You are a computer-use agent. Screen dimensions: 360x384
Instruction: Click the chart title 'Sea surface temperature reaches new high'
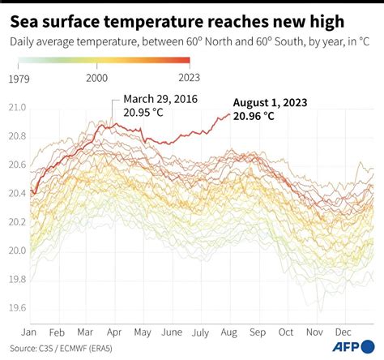182,18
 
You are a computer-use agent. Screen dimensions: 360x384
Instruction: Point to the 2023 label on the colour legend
177,77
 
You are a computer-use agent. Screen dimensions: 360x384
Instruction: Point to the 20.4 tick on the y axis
17,194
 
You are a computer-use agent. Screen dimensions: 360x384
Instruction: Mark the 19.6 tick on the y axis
17,308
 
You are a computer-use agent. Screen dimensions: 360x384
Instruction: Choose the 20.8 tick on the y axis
17,136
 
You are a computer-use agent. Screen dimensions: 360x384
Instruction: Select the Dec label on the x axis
343,332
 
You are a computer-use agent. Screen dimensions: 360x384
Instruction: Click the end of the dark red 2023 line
230,116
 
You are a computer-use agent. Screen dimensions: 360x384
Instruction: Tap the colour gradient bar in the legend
101,60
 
